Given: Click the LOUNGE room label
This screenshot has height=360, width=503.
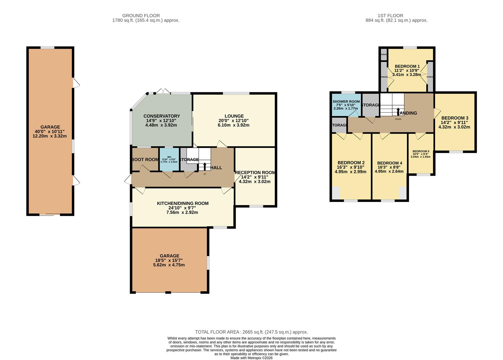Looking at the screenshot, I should click(x=234, y=116).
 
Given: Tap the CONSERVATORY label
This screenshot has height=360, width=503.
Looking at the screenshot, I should click(x=162, y=116).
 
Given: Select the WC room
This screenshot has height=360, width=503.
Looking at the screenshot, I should click(x=169, y=159).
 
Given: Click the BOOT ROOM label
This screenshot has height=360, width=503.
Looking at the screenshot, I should click(x=145, y=160).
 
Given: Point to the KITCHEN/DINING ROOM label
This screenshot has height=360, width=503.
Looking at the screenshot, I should click(x=183, y=203).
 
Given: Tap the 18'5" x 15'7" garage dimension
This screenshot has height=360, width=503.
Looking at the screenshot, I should click(x=169, y=260).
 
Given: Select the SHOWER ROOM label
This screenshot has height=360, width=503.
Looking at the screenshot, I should click(x=346, y=101).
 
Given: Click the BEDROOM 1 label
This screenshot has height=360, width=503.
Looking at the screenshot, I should click(x=407, y=66).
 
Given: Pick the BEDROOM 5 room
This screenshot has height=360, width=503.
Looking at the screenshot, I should click(x=421, y=154).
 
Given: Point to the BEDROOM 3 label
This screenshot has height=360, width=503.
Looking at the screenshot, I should click(x=455, y=118).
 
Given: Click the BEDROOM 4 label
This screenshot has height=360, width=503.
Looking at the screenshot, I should click(x=390, y=163).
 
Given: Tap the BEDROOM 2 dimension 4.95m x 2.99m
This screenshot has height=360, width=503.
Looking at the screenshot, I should click(x=350, y=172).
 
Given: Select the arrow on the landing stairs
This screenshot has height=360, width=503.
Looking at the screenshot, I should click(x=398, y=111).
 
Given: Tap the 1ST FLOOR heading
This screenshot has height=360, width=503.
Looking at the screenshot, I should click(x=390, y=15).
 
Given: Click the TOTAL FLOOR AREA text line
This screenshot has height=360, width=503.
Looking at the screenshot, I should click(x=251, y=332).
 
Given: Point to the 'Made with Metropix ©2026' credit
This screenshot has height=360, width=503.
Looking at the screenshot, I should click(x=251, y=358).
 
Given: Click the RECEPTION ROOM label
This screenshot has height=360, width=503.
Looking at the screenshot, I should click(x=255, y=172).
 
